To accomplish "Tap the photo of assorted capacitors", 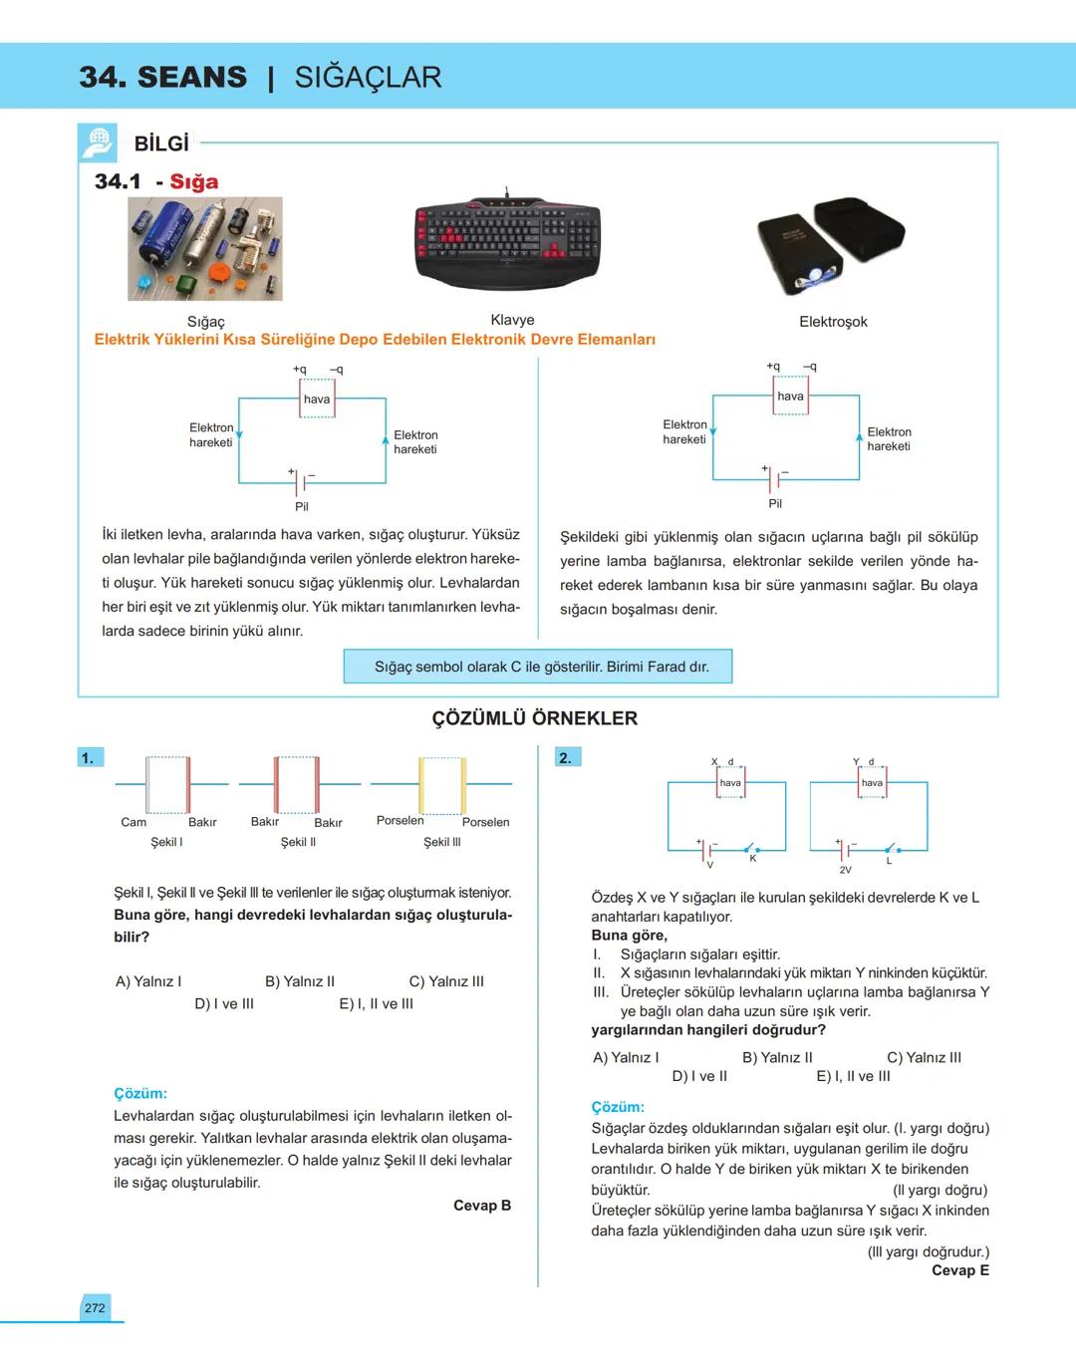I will [x=204, y=248].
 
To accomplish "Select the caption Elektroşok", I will [x=833, y=322].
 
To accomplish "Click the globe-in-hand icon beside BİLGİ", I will [x=97, y=143].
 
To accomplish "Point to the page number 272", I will [x=95, y=1307].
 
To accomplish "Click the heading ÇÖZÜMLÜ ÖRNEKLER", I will [x=534, y=718].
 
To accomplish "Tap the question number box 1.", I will [x=88, y=758].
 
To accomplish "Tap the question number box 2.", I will [x=565, y=758].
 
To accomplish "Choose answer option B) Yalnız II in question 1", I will [x=299, y=981].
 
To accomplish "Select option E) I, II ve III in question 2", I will [x=853, y=1076].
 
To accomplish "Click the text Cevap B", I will [x=481, y=1206].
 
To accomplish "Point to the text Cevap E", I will [x=959, y=1270].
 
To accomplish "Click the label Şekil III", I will [x=441, y=842].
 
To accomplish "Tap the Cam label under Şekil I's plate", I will [x=134, y=822].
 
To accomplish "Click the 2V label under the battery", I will [x=845, y=870].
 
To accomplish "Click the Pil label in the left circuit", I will [x=302, y=506].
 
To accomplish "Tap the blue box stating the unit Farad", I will [x=538, y=667].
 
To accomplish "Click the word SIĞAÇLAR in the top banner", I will [x=368, y=77].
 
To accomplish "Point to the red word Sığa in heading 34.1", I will [x=193, y=181].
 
